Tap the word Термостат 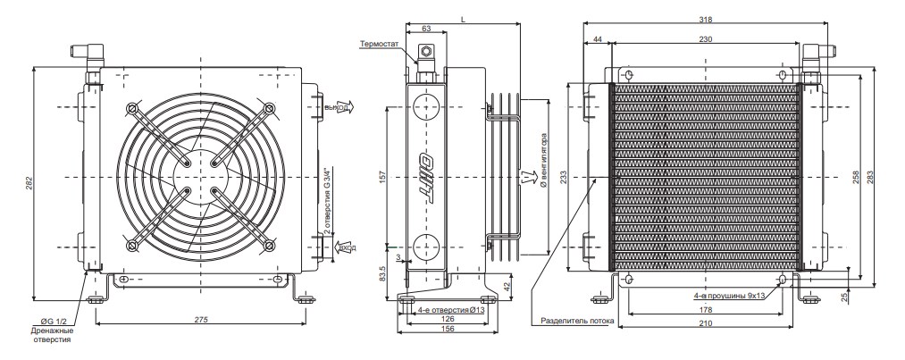point(379,42)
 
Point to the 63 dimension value point(426,29)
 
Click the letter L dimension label point(462,19)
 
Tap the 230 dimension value point(705,39)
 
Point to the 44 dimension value point(597,39)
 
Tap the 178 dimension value point(706,311)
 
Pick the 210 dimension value point(706,323)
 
